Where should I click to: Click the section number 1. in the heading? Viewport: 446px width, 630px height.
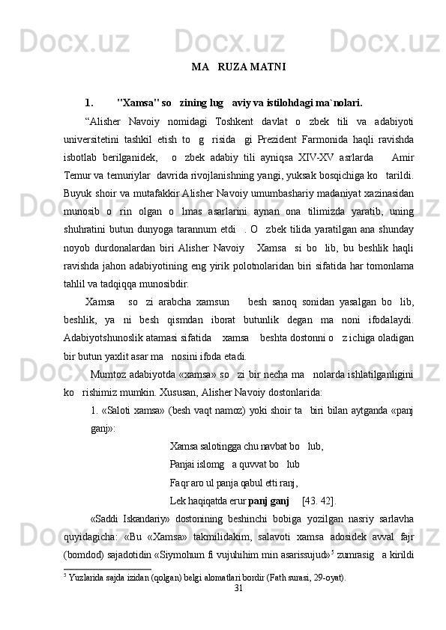pos(89,103)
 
